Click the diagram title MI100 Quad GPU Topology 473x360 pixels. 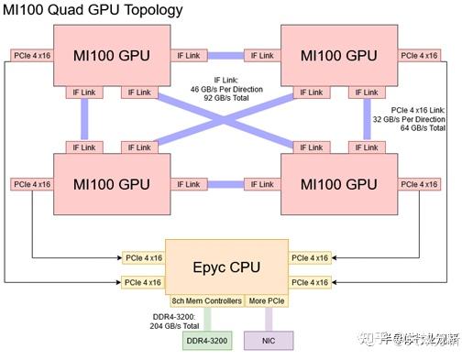(93, 10)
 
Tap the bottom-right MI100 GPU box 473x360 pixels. (340, 184)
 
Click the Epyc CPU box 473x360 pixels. (225, 267)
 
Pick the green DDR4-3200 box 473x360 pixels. (208, 340)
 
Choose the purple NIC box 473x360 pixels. (269, 340)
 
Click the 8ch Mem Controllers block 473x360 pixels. (207, 301)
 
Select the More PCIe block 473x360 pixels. (267, 301)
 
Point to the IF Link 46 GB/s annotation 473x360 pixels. (236, 88)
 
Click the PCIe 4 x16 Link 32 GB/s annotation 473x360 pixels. (418, 119)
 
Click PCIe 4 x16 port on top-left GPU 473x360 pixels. (33, 55)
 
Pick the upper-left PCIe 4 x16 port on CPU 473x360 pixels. (143, 257)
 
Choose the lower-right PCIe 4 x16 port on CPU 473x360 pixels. (309, 282)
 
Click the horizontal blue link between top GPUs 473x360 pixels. (226, 55)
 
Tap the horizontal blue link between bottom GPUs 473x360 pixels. (226, 184)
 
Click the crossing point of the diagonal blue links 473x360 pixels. (226, 119)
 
